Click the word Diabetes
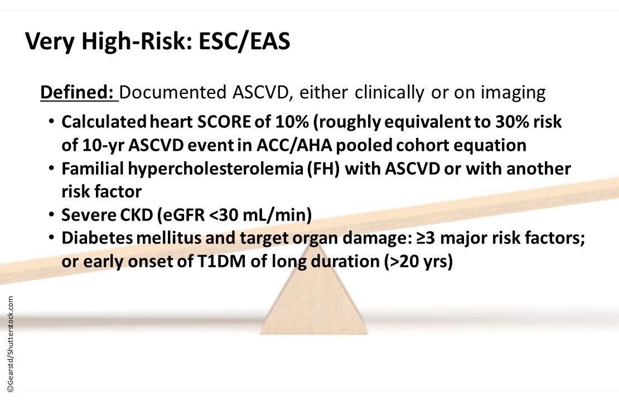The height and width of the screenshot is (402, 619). [x=93, y=238]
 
